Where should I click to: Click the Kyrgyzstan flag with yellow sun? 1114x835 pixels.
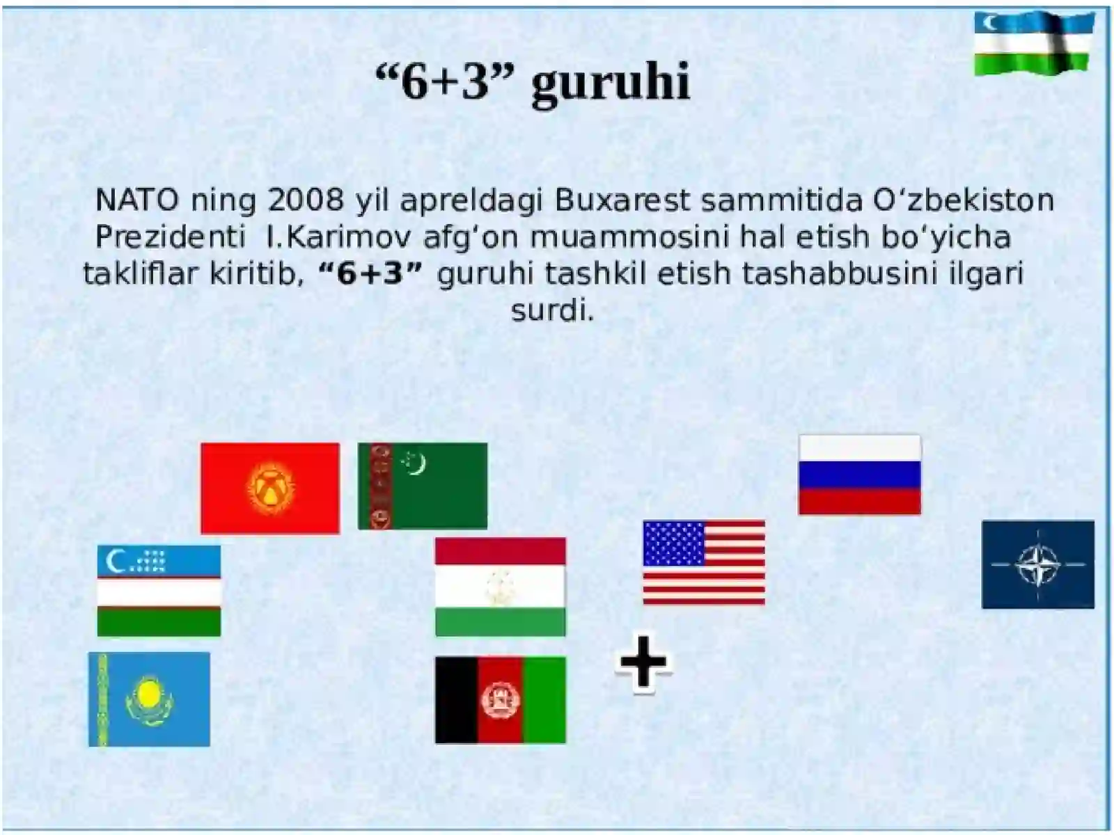270,488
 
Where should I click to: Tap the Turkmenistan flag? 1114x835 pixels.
423,486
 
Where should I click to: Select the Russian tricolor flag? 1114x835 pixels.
859,475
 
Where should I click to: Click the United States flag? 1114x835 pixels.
704,562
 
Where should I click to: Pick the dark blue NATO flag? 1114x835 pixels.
1037,564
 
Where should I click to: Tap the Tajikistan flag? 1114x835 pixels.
500,587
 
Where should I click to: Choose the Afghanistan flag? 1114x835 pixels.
500,700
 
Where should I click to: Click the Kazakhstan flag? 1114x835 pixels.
149,699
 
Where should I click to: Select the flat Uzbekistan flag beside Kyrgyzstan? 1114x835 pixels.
159,591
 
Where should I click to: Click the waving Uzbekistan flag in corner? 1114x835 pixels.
1033,43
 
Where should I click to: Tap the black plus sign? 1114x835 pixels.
643,662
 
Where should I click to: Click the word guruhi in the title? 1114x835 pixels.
610,82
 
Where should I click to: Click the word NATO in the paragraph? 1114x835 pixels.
137,200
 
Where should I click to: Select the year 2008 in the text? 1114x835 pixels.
306,200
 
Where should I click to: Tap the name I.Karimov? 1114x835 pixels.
338,237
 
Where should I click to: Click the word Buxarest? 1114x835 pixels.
622,200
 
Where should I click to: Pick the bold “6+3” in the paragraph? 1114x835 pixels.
370,273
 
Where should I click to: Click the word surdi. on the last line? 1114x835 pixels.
553,310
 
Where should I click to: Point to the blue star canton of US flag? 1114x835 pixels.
673,543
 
